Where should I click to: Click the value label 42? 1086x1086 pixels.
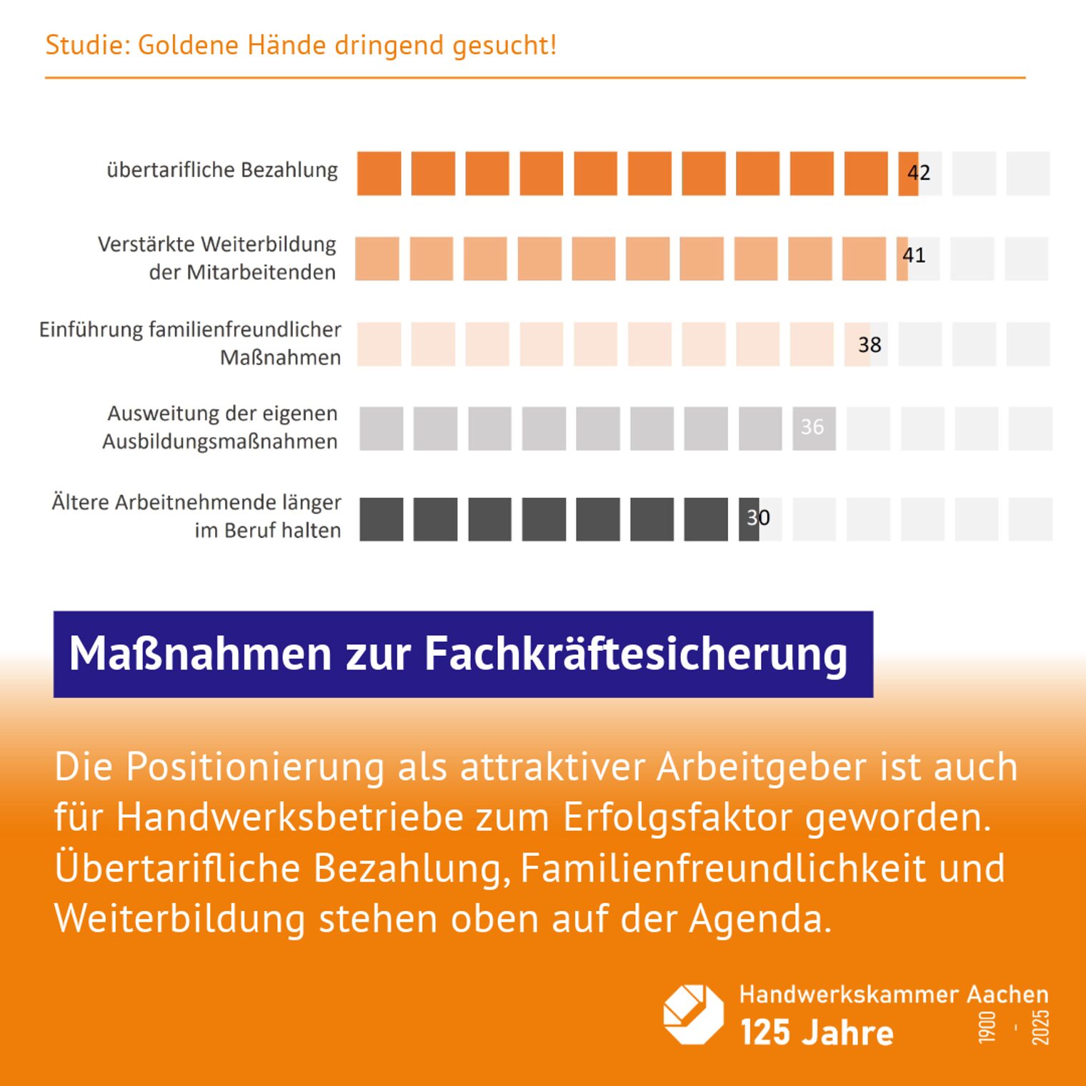coord(919,172)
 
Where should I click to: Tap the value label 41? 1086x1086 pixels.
coord(914,255)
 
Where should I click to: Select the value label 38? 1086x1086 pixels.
coord(870,344)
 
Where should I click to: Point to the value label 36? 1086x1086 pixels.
coord(812,427)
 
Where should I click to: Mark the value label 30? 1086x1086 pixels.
coord(758,517)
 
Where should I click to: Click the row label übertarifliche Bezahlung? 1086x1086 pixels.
coord(222,170)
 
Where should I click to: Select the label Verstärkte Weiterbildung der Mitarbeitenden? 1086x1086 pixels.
coord(217,258)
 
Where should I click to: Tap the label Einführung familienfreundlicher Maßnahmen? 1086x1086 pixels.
coord(190,343)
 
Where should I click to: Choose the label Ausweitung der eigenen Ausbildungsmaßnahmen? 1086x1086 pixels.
coord(221,427)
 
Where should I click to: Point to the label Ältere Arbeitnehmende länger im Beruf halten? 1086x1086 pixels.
coord(196,516)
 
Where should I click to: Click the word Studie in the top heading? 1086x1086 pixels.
coord(83,45)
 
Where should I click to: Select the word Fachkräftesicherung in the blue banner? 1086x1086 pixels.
coord(636,654)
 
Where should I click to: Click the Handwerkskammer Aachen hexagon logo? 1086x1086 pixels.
coord(693,1014)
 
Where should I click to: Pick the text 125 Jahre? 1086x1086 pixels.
coord(817,1032)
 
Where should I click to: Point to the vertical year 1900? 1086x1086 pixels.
coord(987,1027)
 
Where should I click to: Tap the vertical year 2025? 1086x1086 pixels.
coord(1040,1027)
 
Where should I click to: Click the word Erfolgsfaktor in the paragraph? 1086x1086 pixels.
coord(677,817)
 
